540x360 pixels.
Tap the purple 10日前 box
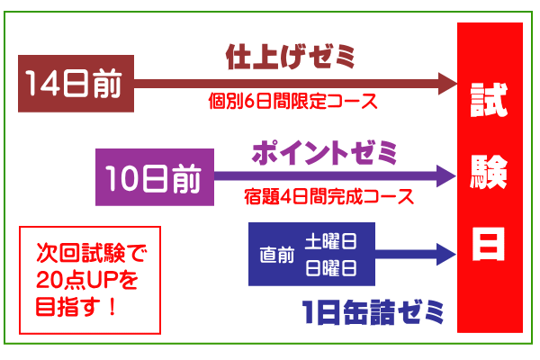click(154, 176)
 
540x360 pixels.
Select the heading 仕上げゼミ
click(290, 58)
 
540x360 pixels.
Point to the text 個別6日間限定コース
click(290, 102)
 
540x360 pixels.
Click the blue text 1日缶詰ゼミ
click(373, 313)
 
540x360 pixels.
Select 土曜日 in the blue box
click(329, 242)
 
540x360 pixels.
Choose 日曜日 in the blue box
click(329, 267)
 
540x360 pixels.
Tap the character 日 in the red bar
click(490, 243)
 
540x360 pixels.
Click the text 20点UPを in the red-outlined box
click(89, 279)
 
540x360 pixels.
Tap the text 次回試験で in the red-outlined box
click(89, 253)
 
